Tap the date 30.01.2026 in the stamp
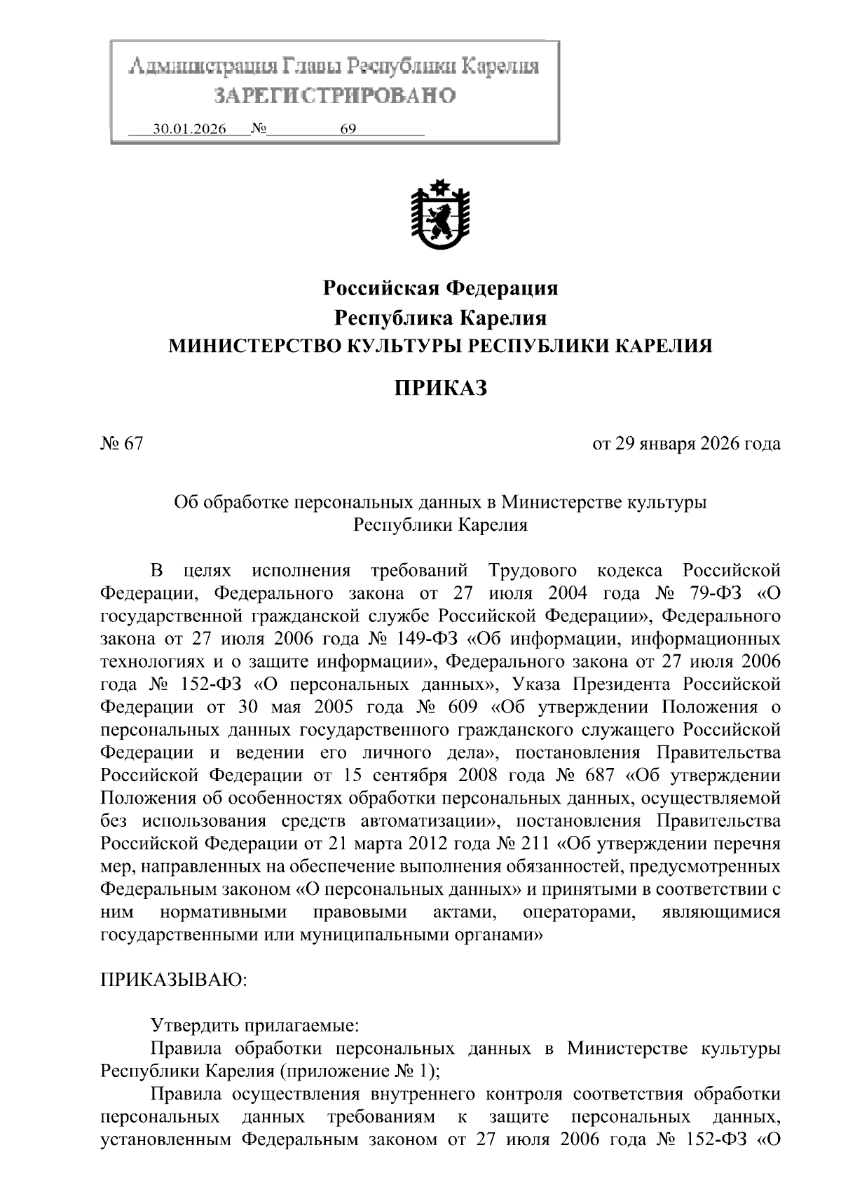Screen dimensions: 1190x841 [189, 130]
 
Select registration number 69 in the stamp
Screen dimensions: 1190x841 [348, 130]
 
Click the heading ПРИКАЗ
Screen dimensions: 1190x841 [439, 388]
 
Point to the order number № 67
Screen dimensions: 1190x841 [122, 444]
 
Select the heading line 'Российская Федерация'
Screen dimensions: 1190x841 [440, 288]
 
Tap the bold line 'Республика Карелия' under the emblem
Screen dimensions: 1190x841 [440, 318]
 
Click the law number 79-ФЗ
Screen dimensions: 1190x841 [704, 593]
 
